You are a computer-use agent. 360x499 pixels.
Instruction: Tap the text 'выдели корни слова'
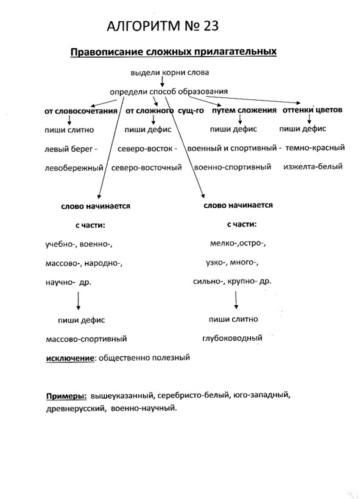click(170, 73)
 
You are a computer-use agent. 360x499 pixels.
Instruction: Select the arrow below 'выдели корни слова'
click(162, 82)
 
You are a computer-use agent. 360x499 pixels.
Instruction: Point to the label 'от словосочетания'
click(81, 111)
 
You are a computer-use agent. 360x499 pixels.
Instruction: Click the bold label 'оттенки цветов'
click(312, 110)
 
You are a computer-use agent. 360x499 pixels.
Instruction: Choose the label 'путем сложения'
click(244, 110)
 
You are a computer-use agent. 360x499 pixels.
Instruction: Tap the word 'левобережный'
click(74, 168)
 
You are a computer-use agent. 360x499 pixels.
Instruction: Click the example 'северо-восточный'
click(146, 168)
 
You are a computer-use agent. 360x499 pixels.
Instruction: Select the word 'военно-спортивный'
click(232, 167)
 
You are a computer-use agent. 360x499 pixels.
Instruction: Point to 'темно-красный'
click(315, 148)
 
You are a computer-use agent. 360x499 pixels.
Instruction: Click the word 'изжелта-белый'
click(312, 166)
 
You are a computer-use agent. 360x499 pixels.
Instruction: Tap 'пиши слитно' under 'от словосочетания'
click(69, 130)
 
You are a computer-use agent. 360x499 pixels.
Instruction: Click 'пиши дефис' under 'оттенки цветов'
click(303, 129)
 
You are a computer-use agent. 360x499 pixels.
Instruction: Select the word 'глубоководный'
click(232, 338)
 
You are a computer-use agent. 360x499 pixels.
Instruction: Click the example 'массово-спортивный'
click(86, 339)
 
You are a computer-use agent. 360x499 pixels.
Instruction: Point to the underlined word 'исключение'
click(70, 358)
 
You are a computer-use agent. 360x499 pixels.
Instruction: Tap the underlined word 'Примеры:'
click(66, 397)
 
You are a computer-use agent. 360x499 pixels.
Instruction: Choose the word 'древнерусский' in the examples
click(76, 409)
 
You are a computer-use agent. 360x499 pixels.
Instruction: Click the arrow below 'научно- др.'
click(79, 300)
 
